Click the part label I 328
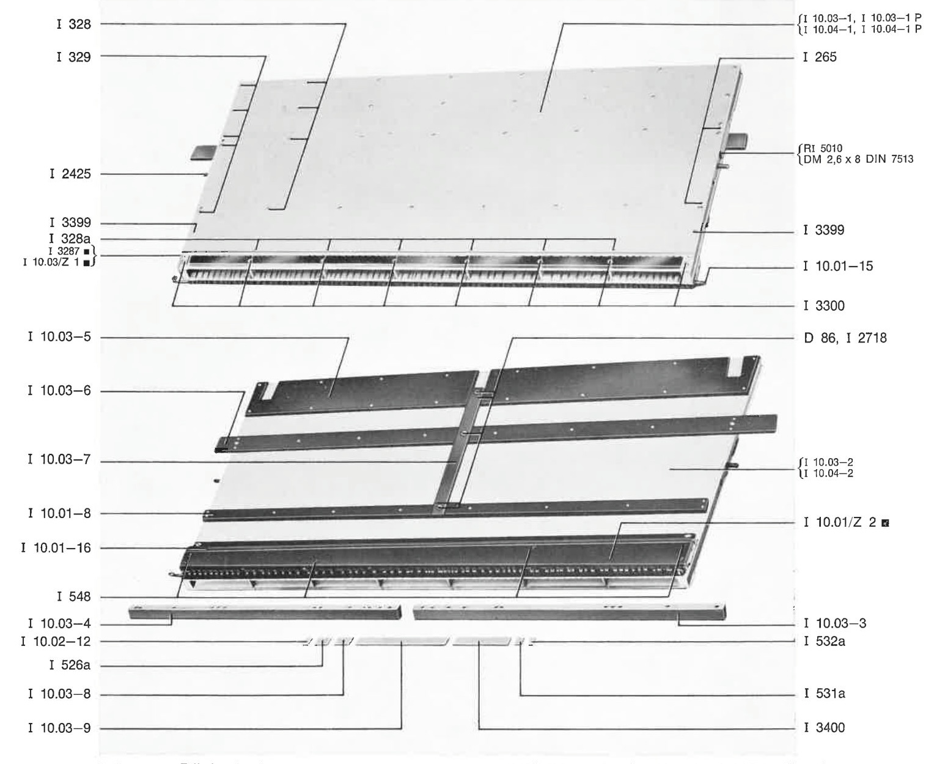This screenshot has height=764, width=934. click(73, 24)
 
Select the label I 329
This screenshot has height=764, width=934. click(73, 57)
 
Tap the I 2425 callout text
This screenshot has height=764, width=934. click(70, 174)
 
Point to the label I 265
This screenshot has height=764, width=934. click(820, 57)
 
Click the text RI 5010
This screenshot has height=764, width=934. click(823, 148)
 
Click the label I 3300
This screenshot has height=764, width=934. click(824, 306)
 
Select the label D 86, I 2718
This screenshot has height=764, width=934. click(845, 338)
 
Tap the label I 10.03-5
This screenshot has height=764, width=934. click(59, 337)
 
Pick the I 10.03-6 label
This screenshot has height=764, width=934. click(59, 390)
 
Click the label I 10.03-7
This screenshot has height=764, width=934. click(59, 459)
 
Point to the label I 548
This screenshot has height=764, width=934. click(73, 596)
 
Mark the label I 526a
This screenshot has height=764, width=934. click(70, 665)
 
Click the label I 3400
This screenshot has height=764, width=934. click(824, 728)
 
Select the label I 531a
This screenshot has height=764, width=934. click(824, 693)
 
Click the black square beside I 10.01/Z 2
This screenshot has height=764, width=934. click(885, 523)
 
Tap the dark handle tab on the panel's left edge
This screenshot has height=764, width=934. click(203, 152)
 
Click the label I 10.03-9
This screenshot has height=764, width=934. click(59, 728)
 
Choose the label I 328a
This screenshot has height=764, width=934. click(70, 239)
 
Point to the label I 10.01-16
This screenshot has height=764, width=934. click(56, 547)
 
